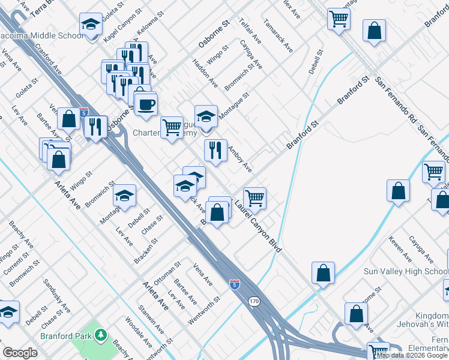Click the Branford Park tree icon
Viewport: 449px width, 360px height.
[101, 334]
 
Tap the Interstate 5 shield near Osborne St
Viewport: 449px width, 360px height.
[84, 112]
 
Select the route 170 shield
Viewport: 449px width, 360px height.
[255, 301]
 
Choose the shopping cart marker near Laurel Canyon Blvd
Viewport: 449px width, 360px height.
[255, 198]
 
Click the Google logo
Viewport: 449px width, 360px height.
[20, 353]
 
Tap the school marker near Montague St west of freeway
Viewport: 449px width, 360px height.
[125, 196]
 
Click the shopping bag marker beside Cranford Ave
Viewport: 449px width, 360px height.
[69, 119]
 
